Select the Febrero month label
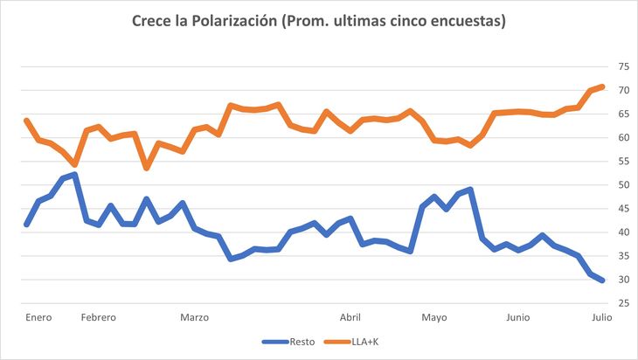coord(98,318)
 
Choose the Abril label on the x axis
coord(350,318)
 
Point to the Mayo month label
coord(433,318)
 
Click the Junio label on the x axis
coord(517,318)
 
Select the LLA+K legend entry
coord(364,341)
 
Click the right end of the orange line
coord(603,87)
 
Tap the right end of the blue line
coord(603,280)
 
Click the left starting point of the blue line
coord(27,225)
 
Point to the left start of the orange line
coord(27,121)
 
